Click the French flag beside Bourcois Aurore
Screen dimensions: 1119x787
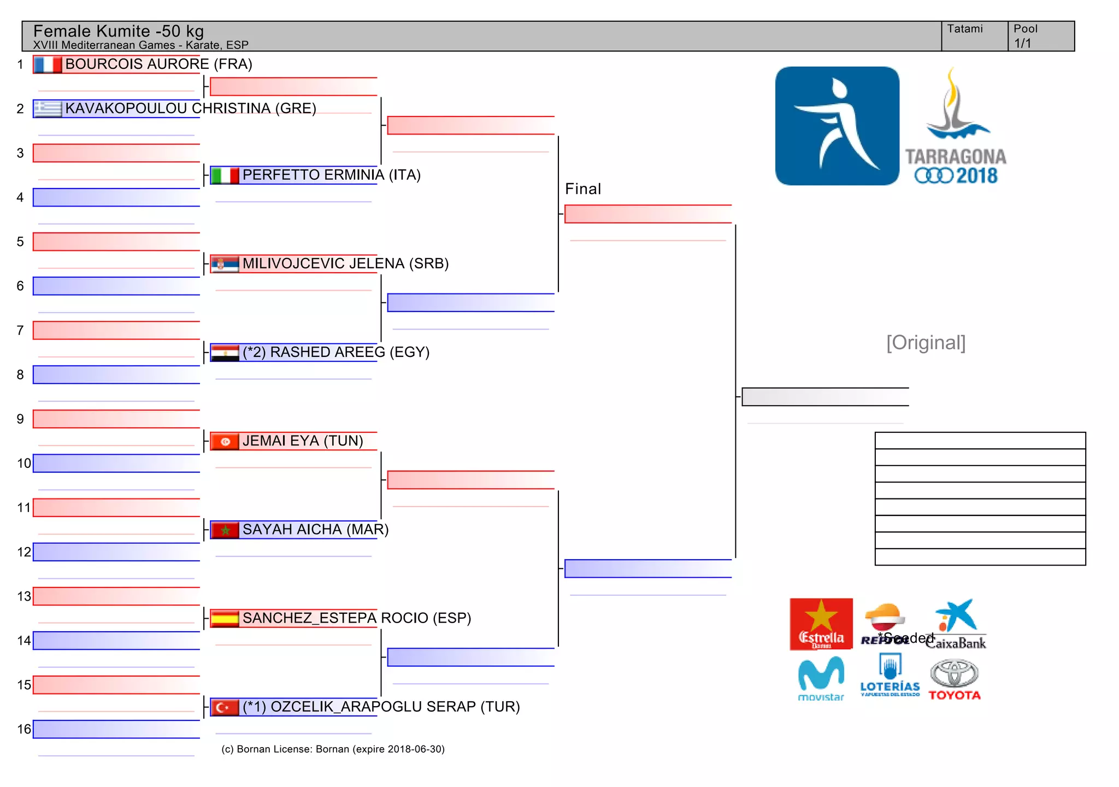48,64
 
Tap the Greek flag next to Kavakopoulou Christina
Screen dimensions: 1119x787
48,109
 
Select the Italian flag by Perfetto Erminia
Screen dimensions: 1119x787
225,175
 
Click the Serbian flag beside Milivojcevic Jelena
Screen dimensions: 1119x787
225,264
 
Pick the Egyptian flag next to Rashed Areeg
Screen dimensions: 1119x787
225,353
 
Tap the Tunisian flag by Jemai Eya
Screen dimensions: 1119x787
225,442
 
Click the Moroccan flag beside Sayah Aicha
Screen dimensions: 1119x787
225,530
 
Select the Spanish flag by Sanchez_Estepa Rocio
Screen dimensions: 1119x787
225,619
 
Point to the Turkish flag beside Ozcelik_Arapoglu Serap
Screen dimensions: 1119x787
225,707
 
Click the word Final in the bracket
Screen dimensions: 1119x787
582,189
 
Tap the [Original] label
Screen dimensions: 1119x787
926,343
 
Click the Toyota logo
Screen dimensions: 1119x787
954,680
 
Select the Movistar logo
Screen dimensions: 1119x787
821,679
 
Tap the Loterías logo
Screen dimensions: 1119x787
890,677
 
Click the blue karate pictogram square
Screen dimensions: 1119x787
837,126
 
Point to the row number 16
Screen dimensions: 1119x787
24,729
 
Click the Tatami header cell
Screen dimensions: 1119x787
974,36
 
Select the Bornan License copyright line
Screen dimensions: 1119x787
333,749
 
